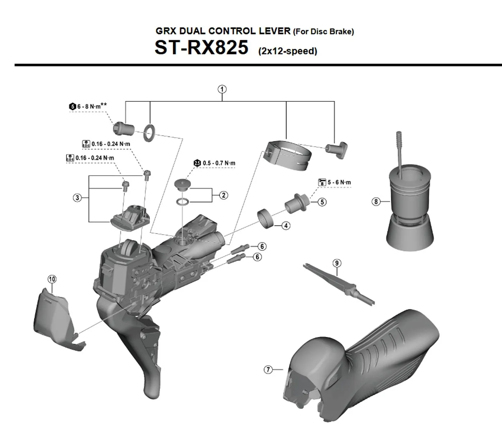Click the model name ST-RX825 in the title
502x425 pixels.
(201, 47)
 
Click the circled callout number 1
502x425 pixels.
(222, 89)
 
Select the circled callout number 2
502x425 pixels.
(223, 195)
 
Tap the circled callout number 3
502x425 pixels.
(77, 198)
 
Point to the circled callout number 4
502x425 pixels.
(286, 226)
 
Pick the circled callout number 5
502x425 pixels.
(322, 202)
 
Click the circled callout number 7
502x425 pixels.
(268, 369)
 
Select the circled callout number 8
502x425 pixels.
(375, 202)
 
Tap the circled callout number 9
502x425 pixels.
(336, 263)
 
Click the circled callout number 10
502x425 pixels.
(52, 279)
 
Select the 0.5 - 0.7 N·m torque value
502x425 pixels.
(219, 163)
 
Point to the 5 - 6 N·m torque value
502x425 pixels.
(339, 183)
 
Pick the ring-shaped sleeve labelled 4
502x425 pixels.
(266, 218)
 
